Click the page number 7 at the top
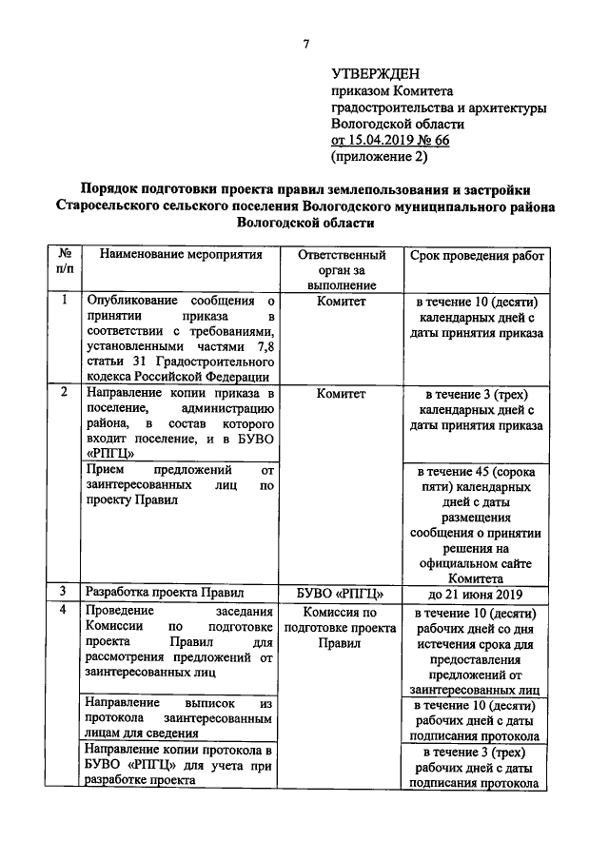(x=306, y=44)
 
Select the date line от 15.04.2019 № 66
(x=390, y=140)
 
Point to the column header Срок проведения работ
(x=476, y=256)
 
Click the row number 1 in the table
(x=64, y=301)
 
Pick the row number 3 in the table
(x=64, y=591)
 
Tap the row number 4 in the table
(x=64, y=611)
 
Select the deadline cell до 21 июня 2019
(x=476, y=592)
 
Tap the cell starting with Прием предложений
(x=179, y=485)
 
